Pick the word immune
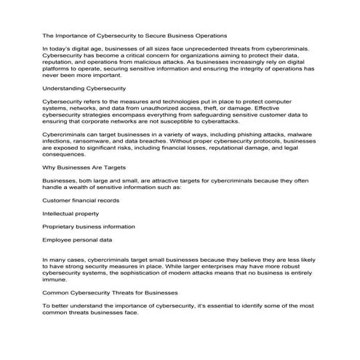click(55, 279)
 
